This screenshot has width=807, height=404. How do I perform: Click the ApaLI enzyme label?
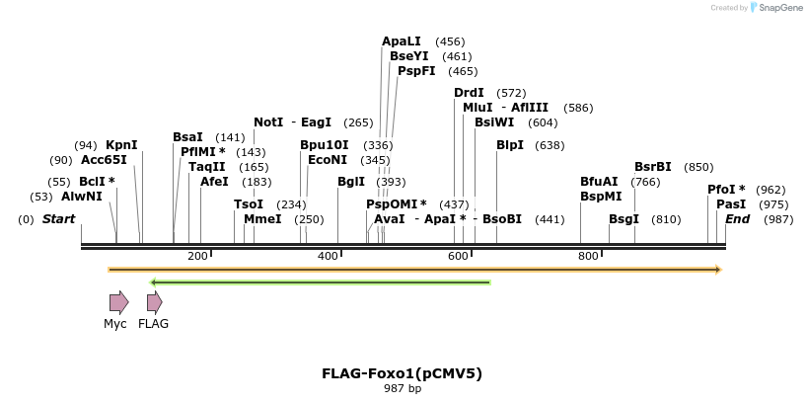(x=402, y=41)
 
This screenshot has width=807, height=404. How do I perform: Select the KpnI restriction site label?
(x=121, y=145)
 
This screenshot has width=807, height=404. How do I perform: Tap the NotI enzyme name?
(x=268, y=122)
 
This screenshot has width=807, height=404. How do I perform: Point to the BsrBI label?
(x=653, y=167)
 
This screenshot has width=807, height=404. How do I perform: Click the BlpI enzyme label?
(x=510, y=145)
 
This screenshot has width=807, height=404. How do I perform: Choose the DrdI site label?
(x=469, y=93)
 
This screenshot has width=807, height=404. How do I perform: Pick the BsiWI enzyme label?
(x=494, y=122)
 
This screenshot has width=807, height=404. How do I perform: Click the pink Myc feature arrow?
(x=118, y=302)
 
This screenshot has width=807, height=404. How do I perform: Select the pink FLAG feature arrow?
(x=154, y=302)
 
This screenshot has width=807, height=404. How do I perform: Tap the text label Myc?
(x=115, y=324)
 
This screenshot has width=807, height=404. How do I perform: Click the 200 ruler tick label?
(x=197, y=256)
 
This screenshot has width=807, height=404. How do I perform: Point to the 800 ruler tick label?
(x=588, y=256)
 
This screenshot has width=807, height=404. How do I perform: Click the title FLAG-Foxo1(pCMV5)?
(x=402, y=373)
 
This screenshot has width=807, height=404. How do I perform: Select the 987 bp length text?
(x=402, y=389)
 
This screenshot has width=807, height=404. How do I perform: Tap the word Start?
(x=58, y=218)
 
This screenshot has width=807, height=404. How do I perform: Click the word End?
(x=737, y=218)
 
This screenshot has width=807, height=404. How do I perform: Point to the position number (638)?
(x=550, y=145)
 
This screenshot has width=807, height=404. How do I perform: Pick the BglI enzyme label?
(x=351, y=182)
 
